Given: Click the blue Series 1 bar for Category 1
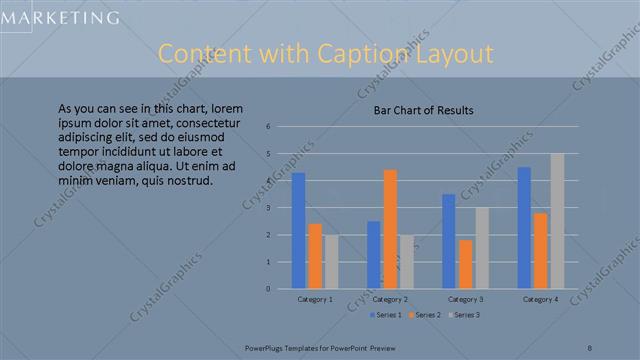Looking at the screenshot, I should point(298,231).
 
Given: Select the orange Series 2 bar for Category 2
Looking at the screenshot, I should point(390,229).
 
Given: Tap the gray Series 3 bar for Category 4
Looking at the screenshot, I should point(557,221).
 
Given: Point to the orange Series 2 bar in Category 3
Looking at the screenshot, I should point(465,264).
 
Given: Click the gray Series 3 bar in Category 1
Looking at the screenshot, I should point(331,262).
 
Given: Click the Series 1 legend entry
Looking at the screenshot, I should point(387,315).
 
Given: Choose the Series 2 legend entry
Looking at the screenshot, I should point(426,315).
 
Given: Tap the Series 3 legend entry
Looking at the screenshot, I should point(465,315).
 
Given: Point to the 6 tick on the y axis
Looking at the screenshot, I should point(268,126).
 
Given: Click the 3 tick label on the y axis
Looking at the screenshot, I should point(268,208).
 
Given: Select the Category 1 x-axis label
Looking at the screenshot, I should point(315,299).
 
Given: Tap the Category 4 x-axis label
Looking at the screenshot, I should point(540,299).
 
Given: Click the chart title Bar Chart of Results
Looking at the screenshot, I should point(423,110).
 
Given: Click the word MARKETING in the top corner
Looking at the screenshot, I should point(60,17).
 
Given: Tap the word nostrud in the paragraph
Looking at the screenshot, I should point(187,181).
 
